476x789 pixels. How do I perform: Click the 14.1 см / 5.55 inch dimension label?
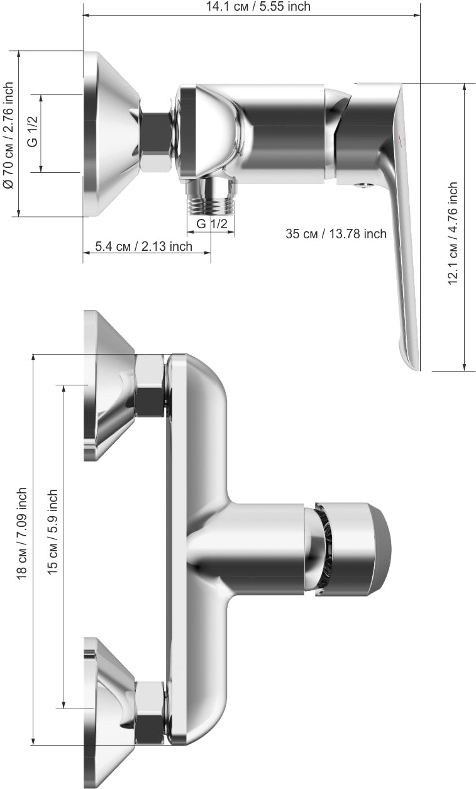tap(258, 6)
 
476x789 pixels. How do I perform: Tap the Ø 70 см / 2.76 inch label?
tap(8, 135)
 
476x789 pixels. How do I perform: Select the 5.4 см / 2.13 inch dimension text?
tap(144, 246)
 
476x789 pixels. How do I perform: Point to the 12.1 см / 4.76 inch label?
tap(453, 233)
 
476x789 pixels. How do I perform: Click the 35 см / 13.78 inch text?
tap(336, 233)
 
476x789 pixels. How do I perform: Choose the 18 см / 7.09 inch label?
tap(21, 533)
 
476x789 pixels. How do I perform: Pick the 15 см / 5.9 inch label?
tap(52, 532)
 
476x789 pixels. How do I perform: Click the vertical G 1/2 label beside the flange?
tap(32, 132)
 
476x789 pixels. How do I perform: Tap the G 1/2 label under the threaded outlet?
tap(212, 223)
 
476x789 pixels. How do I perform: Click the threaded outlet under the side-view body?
tap(211, 197)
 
